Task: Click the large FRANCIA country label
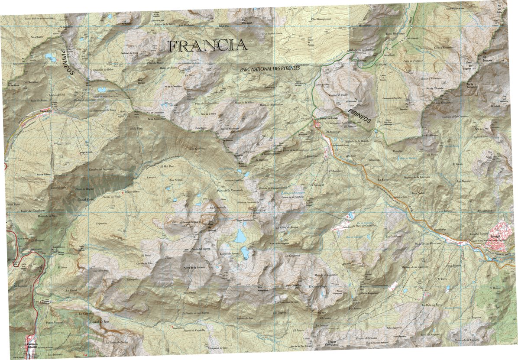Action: point(207,45)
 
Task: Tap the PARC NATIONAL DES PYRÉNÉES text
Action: point(270,69)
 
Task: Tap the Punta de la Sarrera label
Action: point(197,269)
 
